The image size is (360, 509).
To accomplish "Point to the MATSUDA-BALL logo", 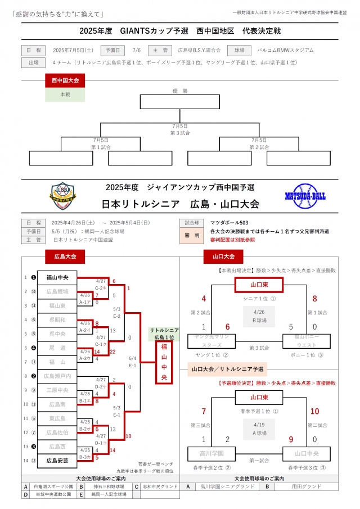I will [305, 196].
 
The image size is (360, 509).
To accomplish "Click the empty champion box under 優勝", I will [179, 102].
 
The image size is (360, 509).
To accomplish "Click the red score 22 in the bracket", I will [114, 352].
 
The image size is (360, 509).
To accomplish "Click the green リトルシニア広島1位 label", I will [164, 333].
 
